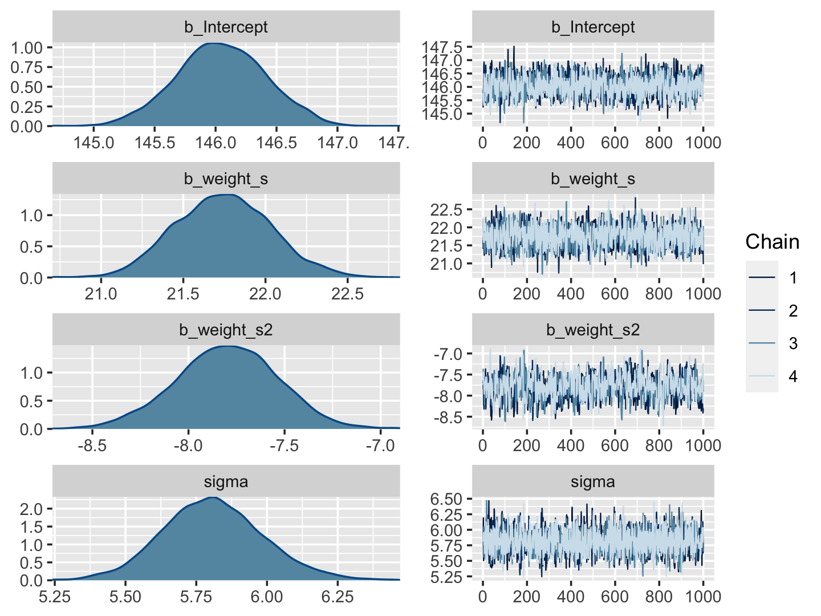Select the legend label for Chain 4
point(793,376)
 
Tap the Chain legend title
point(772,242)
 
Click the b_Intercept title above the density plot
point(226,27)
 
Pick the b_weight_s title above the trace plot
point(593,179)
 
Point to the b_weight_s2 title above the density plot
point(226,330)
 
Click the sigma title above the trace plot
point(593,482)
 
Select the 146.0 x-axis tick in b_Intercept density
point(216,142)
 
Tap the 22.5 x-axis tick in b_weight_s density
point(347,294)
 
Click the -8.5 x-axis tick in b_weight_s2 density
point(92,445)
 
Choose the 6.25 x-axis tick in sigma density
point(338,597)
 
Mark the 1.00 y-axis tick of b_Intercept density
point(27,47)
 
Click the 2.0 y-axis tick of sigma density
point(31,509)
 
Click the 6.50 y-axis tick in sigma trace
point(445,500)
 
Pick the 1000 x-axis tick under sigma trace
point(703,597)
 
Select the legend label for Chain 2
point(793,311)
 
